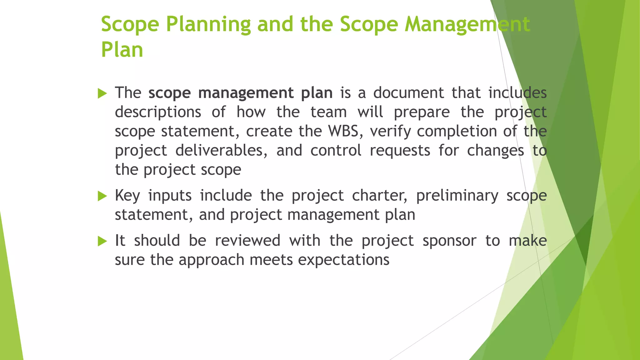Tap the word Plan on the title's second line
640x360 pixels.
(122, 50)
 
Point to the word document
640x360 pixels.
(408, 93)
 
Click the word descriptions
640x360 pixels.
(158, 112)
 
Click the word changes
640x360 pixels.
(495, 151)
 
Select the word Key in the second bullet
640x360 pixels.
(127, 196)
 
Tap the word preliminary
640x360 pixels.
(457, 196)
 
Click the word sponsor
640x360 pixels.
(449, 241)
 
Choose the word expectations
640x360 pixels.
(344, 260)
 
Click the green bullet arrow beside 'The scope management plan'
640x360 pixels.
(102, 93)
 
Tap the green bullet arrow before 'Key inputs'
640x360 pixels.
(102, 196)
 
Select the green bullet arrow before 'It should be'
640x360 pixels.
(102, 241)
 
